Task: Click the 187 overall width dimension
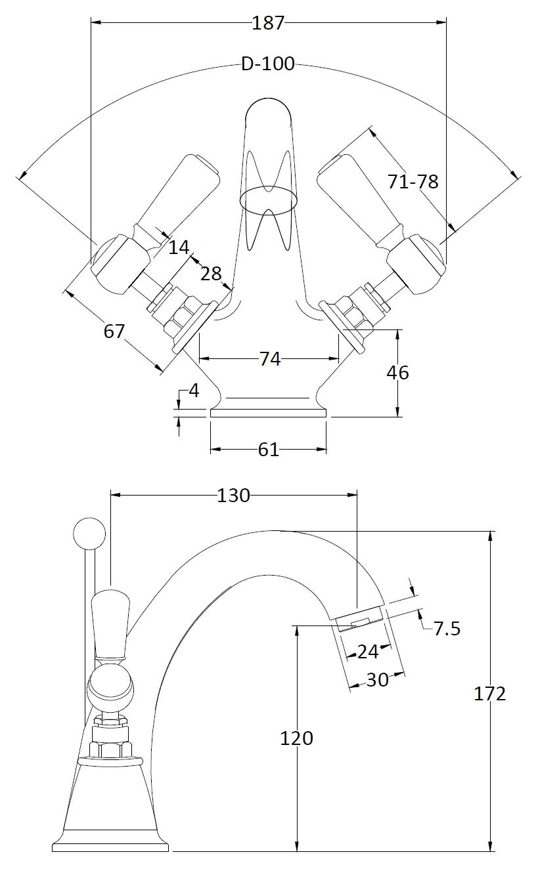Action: click(268, 23)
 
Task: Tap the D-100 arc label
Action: click(268, 64)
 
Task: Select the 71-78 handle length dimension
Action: click(413, 181)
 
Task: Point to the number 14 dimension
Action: click(178, 247)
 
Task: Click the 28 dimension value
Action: click(211, 273)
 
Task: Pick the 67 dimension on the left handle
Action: click(114, 331)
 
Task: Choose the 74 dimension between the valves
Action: click(269, 359)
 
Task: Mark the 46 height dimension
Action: click(397, 373)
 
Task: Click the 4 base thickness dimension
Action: click(194, 391)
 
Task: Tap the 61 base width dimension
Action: click(268, 450)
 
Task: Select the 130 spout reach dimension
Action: click(233, 496)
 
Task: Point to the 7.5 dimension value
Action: click(447, 629)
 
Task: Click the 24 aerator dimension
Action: click(368, 652)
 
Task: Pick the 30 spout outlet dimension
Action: click(377, 680)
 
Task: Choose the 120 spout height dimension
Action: click(297, 738)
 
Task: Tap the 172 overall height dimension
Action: click(490, 694)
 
